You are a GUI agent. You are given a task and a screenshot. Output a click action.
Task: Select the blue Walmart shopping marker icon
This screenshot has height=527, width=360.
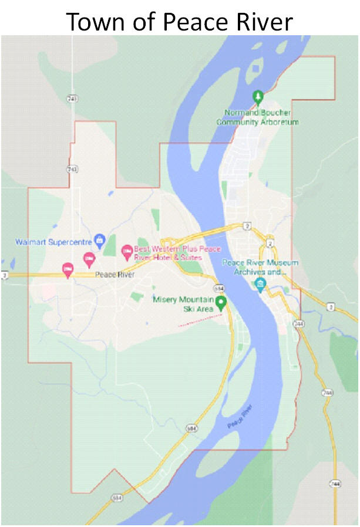coord(99,239)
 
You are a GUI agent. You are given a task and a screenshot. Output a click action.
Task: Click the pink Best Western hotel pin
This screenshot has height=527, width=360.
coord(126,252)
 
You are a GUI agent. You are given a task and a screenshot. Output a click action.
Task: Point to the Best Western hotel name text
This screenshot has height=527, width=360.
coord(169,253)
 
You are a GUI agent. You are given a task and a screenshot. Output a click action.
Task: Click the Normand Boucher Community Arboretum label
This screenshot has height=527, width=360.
coord(257,117)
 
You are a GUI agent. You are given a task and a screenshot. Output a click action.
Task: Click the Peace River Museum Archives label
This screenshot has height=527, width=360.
coord(260,268)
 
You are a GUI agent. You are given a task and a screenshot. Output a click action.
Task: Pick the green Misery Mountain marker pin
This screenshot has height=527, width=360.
coord(221,303)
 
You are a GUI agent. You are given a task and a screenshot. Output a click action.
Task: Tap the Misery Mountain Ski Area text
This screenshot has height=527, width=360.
coord(181,303)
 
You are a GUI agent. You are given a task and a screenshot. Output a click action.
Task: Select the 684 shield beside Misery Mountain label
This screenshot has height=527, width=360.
coord(219,289)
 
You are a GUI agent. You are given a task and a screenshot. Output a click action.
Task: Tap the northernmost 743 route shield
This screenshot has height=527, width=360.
coord(72,99)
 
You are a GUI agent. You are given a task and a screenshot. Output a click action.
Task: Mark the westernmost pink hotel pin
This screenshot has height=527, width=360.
coord(68,269)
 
